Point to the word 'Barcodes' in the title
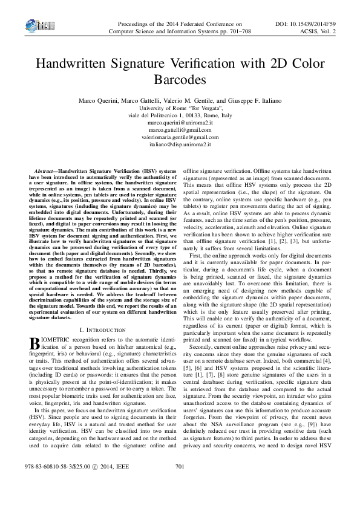(x=180, y=79)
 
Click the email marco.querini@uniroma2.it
(x=180, y=123)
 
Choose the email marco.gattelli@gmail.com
(x=180, y=130)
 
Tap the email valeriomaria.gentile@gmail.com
(x=180, y=137)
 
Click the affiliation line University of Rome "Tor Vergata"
(x=180, y=108)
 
